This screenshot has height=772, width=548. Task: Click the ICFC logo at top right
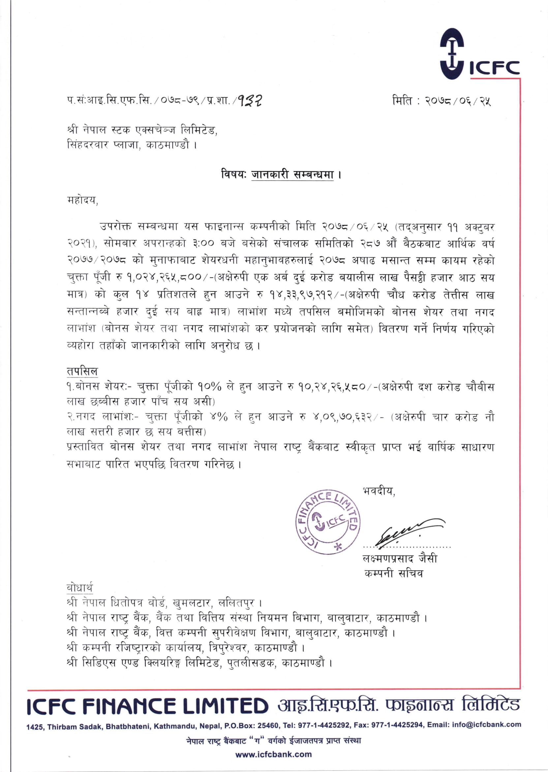479,54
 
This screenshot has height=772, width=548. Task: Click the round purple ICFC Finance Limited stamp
328,522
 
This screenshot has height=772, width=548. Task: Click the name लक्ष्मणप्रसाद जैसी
400,558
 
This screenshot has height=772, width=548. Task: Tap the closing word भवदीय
379,491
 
